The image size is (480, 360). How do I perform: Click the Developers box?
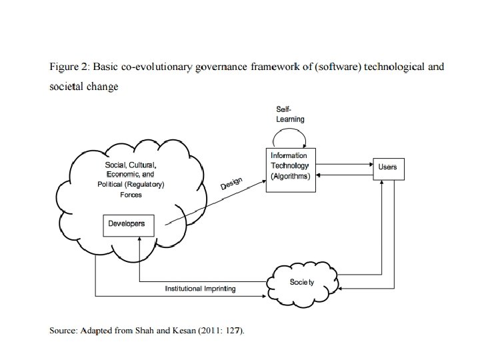click(x=127, y=224)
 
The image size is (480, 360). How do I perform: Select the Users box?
click(x=387, y=167)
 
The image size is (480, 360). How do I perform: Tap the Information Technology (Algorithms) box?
click(x=289, y=166)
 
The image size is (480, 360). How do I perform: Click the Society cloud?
click(x=301, y=283)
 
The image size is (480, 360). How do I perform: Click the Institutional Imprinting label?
click(x=200, y=289)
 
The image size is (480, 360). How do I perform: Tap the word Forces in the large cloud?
click(x=131, y=195)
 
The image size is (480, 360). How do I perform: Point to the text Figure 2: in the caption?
click(x=69, y=67)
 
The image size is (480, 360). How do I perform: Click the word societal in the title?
click(x=66, y=87)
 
